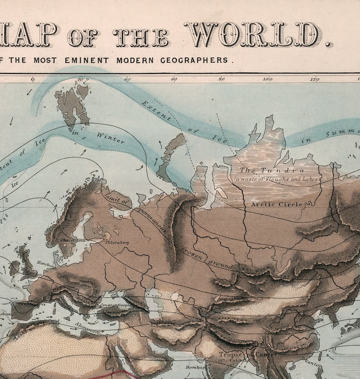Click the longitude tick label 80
coord(221,79)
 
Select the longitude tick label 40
coord(127,79)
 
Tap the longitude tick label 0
coord(32,79)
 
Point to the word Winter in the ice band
coord(110,138)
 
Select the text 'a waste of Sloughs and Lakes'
coord(277,179)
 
